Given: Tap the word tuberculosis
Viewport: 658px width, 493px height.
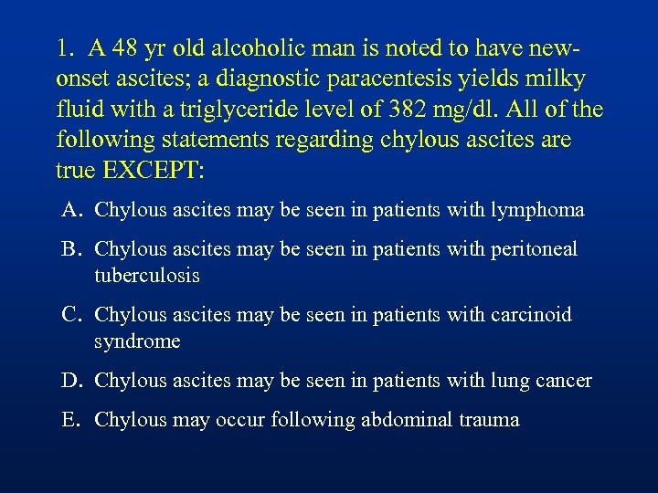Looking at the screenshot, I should [146, 275].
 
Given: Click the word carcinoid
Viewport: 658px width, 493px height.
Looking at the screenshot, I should [529, 315].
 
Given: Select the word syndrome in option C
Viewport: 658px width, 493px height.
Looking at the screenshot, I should [137, 341].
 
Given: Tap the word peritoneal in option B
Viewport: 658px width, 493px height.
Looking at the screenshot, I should [534, 249].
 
